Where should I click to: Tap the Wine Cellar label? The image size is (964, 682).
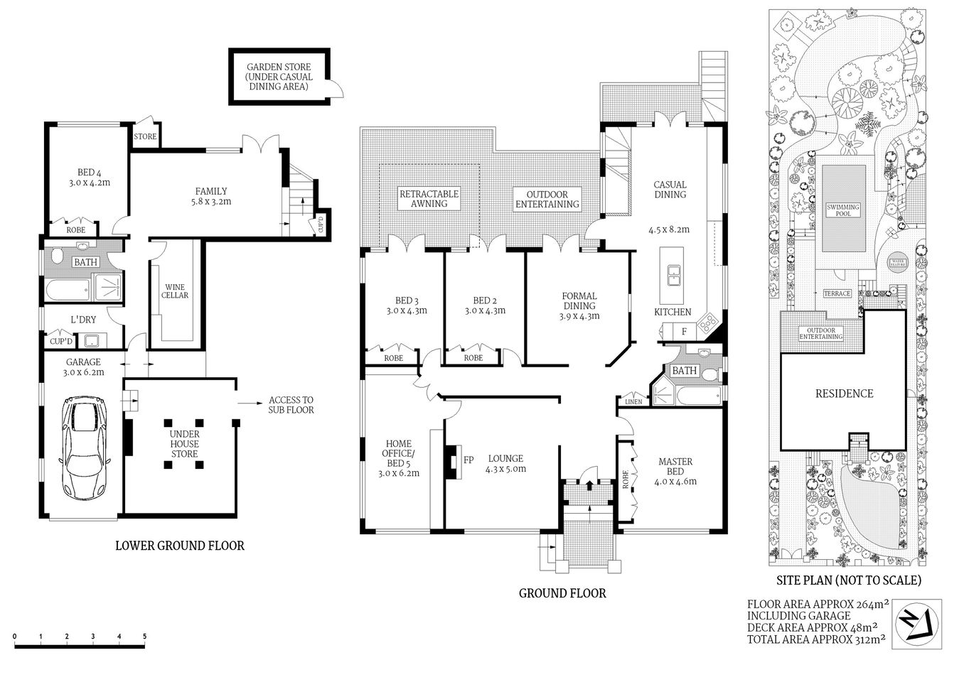tap(174, 291)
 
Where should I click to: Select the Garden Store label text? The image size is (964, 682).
tap(278, 77)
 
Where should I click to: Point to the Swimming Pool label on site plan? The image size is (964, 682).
tap(843, 210)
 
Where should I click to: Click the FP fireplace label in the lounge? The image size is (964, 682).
tap(468, 460)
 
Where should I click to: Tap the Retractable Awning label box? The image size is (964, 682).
tap(429, 198)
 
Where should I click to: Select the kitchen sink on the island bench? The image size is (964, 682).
tap(672, 271)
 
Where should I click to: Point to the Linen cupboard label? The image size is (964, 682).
tap(633, 402)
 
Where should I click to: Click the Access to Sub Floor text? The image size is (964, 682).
tap(290, 405)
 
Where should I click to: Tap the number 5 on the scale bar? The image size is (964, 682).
tap(145, 636)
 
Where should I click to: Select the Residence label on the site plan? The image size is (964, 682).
tap(844, 394)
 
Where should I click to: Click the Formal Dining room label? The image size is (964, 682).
tap(579, 305)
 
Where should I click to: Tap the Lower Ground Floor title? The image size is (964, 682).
tap(180, 546)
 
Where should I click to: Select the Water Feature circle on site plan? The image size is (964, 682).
tap(895, 263)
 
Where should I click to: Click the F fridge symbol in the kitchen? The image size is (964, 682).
tap(684, 331)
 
